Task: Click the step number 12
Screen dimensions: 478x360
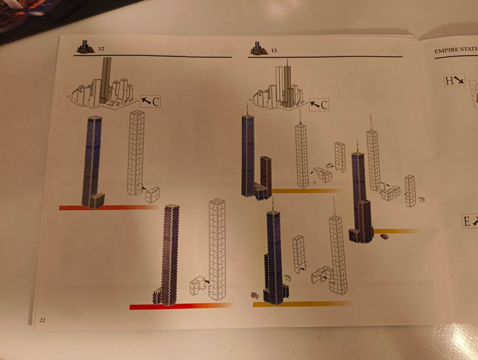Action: click(101, 48)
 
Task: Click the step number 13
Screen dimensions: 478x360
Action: click(274, 50)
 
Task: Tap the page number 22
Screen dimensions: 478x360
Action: click(42, 320)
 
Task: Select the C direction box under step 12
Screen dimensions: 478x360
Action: click(150, 101)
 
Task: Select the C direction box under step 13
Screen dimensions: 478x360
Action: click(319, 105)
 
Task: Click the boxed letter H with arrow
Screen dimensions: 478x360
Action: click(454, 81)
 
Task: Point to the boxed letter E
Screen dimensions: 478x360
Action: click(470, 221)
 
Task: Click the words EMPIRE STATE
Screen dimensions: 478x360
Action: click(456, 50)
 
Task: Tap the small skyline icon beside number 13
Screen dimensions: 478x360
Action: click(259, 48)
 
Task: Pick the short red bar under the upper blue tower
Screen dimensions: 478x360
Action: click(108, 207)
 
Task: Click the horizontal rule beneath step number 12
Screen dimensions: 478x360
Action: click(153, 56)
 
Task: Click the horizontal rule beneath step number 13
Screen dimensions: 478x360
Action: click(325, 57)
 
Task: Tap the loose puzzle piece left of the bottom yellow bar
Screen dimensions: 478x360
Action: click(255, 295)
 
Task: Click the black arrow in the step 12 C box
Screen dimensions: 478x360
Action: click(147, 100)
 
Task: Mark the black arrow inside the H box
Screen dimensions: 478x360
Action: click(459, 80)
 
